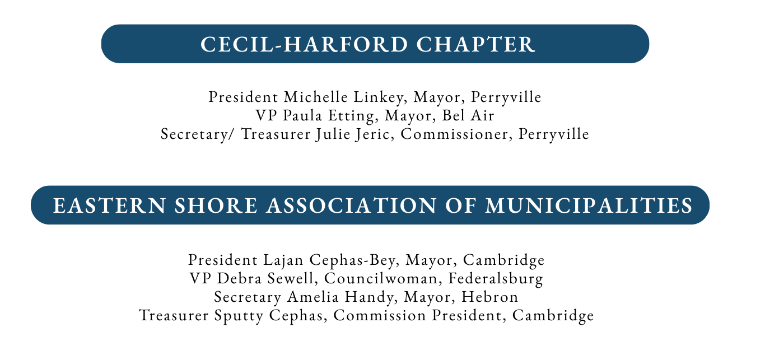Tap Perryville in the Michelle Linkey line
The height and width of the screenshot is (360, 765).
point(506,97)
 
